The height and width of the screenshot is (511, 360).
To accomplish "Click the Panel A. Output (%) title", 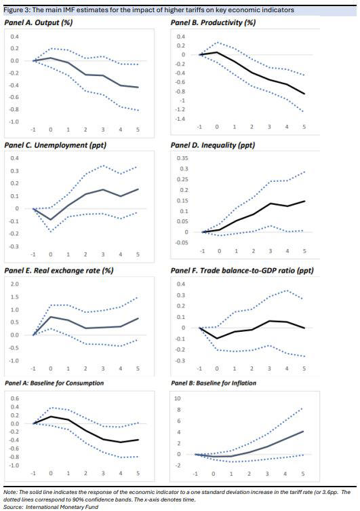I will (39, 22).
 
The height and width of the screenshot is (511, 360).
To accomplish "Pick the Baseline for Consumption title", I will (54, 383).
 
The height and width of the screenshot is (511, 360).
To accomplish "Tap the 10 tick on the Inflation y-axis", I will (178, 398).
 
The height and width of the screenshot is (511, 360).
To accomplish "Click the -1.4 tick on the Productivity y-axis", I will (180, 119).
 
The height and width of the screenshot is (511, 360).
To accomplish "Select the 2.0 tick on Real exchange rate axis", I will (14, 284).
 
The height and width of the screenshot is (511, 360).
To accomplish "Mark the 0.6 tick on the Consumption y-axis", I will (14, 398).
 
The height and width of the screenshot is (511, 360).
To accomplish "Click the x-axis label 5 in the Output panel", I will (137, 129).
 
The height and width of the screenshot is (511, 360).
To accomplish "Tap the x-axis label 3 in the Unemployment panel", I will (102, 254).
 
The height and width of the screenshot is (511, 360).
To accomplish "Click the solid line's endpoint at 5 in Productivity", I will (303, 94).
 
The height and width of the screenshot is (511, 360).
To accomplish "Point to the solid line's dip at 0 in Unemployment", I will (50, 220).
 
